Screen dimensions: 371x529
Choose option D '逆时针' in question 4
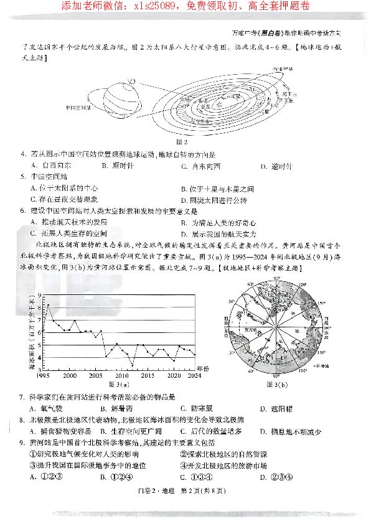[277, 166]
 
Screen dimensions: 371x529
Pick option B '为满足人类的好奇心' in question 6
[218, 222]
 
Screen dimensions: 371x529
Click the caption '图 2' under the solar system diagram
[182, 142]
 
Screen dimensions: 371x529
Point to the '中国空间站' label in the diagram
[77, 107]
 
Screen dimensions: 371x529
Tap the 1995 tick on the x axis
[42, 375]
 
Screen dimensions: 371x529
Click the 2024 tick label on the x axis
[194, 375]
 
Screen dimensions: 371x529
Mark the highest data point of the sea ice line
[47, 305]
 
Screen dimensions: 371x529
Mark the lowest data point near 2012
[133, 365]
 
